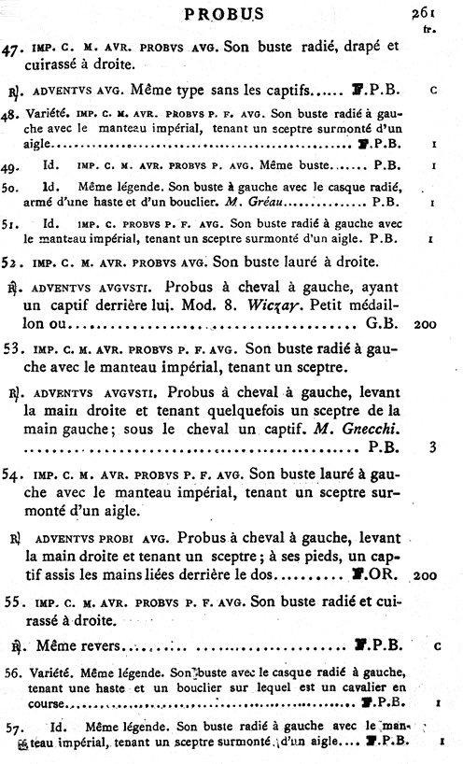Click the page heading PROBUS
pyautogui.click(x=224, y=14)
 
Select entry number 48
pyautogui.click(x=13, y=114)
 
